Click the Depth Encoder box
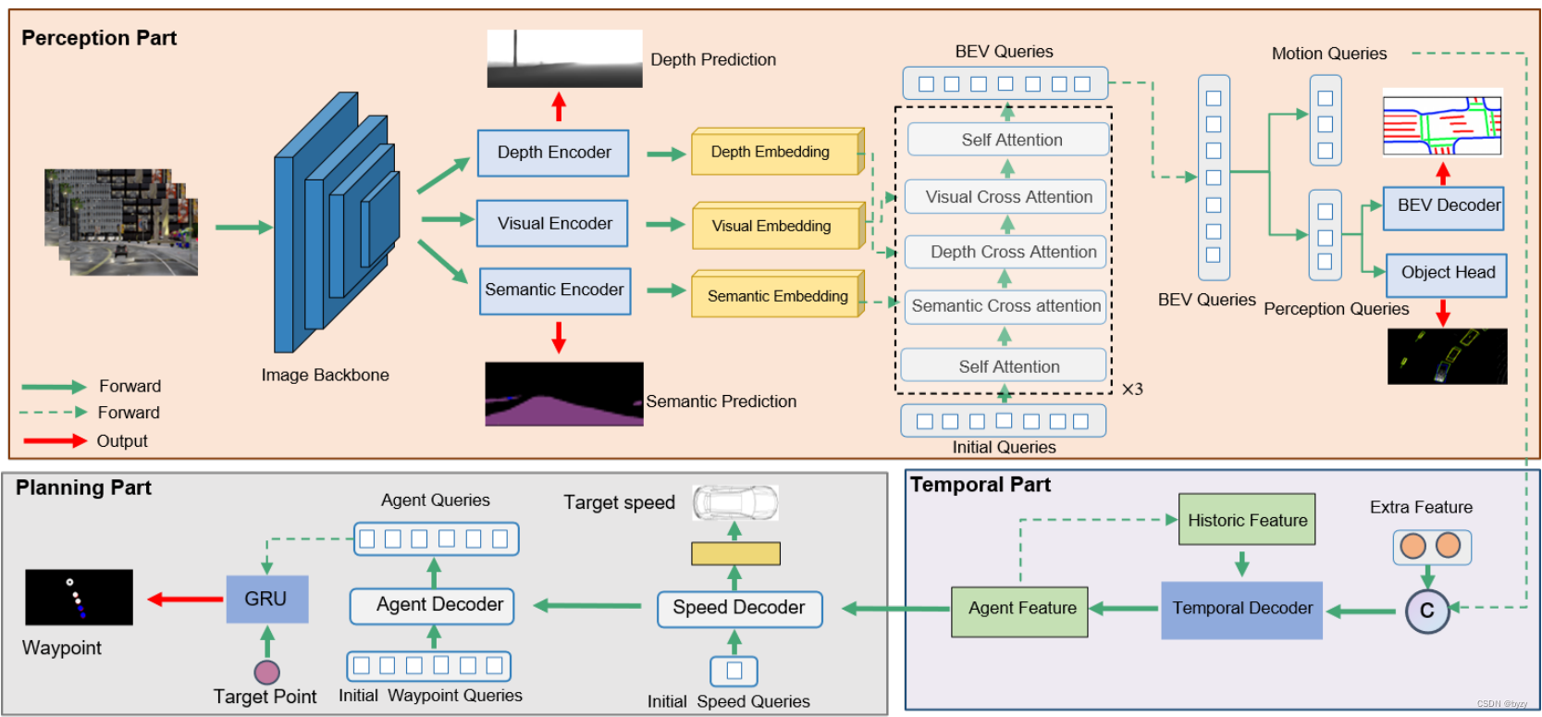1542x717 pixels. click(x=553, y=153)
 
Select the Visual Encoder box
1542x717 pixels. click(x=553, y=223)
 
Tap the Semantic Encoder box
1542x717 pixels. click(x=555, y=291)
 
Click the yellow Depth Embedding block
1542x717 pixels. click(x=775, y=153)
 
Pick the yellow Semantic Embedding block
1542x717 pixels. click(x=776, y=296)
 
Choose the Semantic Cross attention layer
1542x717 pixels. click(x=1005, y=306)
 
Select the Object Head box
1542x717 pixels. click(x=1446, y=274)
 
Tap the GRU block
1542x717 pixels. click(x=266, y=600)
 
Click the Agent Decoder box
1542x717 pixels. click(x=433, y=606)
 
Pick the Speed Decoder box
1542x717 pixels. click(x=739, y=609)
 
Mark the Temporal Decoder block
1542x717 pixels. click(x=1241, y=610)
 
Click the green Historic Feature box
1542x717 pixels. click(x=1246, y=520)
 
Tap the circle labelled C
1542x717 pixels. click(x=1426, y=611)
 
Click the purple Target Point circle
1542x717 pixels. click(x=266, y=672)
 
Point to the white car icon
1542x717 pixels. click(x=735, y=502)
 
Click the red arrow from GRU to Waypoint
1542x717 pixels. click(x=186, y=600)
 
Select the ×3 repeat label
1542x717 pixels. click(x=1132, y=389)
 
